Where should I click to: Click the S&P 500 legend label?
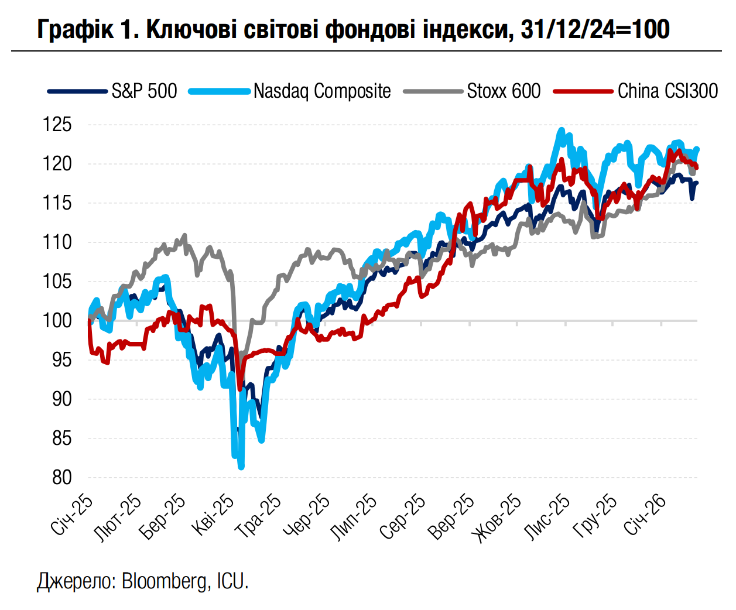point(144,91)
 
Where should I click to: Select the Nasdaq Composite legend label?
point(322,91)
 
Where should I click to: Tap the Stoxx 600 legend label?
point(504,91)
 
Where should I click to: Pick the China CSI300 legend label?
point(667,91)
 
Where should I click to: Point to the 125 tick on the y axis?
point(57,125)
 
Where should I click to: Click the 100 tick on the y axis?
point(57,321)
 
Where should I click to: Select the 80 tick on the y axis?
point(61,478)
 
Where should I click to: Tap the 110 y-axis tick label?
point(57,242)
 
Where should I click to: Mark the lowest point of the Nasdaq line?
point(241,467)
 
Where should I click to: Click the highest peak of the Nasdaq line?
point(562,130)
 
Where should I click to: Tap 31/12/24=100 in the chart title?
point(594,29)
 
